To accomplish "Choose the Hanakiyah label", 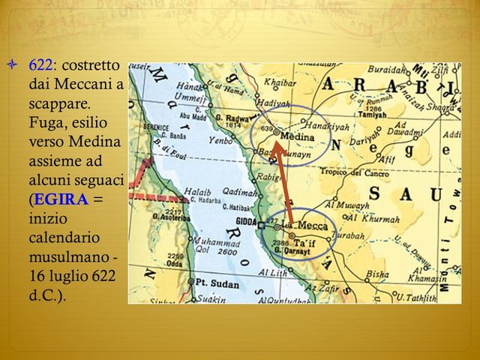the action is (x=328, y=127).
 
